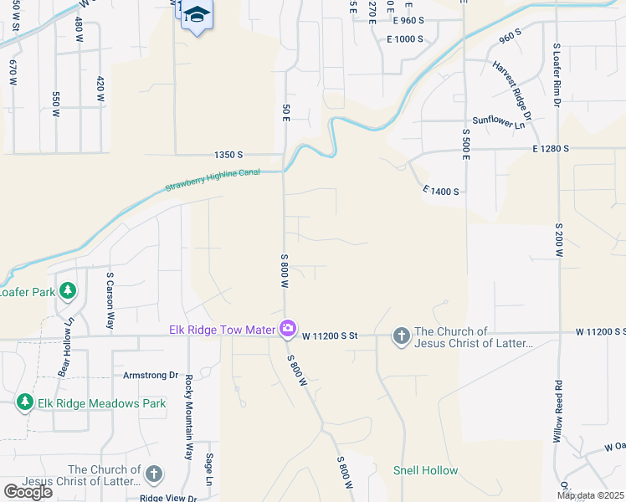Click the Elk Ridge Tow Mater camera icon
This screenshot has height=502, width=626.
pyautogui.click(x=288, y=329)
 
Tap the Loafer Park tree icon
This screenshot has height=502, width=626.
pyautogui.click(x=68, y=292)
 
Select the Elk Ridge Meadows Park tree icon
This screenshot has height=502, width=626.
pyautogui.click(x=25, y=402)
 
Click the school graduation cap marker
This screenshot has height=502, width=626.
pyautogui.click(x=198, y=15)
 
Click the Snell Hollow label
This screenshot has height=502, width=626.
pyautogui.click(x=426, y=470)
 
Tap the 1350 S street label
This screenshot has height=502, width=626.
pyautogui.click(x=228, y=155)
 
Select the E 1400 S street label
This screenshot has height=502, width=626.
pyautogui.click(x=441, y=192)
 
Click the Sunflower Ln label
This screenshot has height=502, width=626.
pyautogui.click(x=498, y=121)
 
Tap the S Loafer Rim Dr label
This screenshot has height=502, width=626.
pyautogui.click(x=557, y=76)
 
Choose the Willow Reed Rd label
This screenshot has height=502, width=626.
pyautogui.click(x=558, y=412)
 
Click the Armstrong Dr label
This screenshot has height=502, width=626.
pyautogui.click(x=151, y=376)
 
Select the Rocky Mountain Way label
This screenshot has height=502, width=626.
pyautogui.click(x=188, y=417)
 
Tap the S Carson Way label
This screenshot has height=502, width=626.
pyautogui.click(x=109, y=300)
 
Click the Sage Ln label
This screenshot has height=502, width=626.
pyautogui.click(x=209, y=469)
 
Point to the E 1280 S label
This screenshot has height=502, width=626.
pyautogui.click(x=550, y=148)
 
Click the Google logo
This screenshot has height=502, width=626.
pyautogui.click(x=28, y=492)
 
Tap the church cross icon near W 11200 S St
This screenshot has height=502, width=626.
pyautogui.click(x=401, y=336)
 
